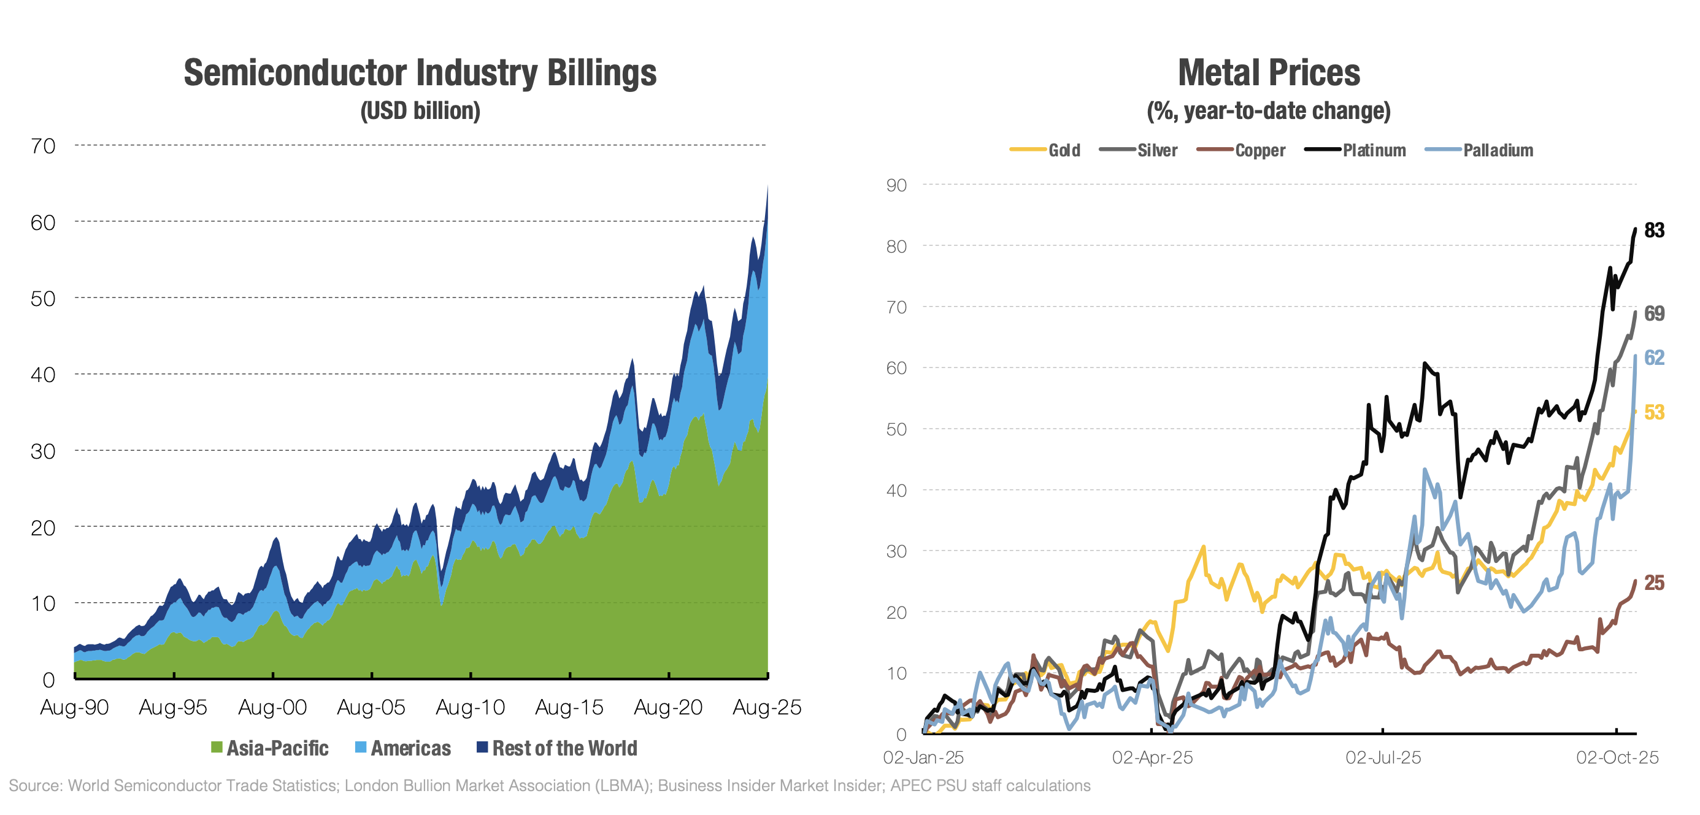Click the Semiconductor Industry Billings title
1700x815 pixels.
coord(420,72)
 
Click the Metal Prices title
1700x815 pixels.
coord(1268,72)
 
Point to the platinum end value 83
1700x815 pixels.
coord(1654,231)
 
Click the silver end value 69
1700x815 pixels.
coord(1654,313)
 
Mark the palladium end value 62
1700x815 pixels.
coord(1654,358)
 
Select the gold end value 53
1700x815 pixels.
coord(1654,413)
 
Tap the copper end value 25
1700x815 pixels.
coord(1654,583)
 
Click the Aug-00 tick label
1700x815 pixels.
coord(272,708)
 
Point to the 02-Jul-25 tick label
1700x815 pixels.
coord(1383,757)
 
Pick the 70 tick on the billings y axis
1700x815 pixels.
coord(43,146)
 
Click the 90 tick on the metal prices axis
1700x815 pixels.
coord(896,185)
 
